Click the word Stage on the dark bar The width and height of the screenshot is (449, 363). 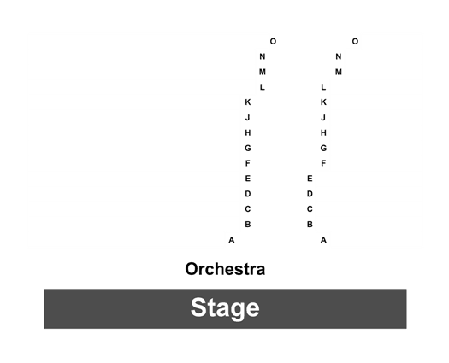225,307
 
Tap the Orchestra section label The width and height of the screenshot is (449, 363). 225,269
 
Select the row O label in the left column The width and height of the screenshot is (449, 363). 273,42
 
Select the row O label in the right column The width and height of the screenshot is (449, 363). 355,42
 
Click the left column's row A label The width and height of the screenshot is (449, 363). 232,240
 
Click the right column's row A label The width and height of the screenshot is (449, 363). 323,240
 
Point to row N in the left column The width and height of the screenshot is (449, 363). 263,56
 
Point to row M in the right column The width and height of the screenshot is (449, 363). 339,72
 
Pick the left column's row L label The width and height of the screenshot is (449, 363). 262,87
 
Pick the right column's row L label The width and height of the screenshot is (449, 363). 323,87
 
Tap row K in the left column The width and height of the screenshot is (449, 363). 248,102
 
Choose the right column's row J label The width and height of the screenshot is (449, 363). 323,118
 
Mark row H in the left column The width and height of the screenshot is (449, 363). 248,132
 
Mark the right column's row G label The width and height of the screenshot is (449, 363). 323,148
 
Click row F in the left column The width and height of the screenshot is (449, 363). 248,163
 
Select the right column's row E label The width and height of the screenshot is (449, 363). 310,179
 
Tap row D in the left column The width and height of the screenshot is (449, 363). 248,194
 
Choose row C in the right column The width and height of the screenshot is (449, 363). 310,209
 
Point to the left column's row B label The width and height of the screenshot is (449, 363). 248,225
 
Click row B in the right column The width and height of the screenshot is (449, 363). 310,225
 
